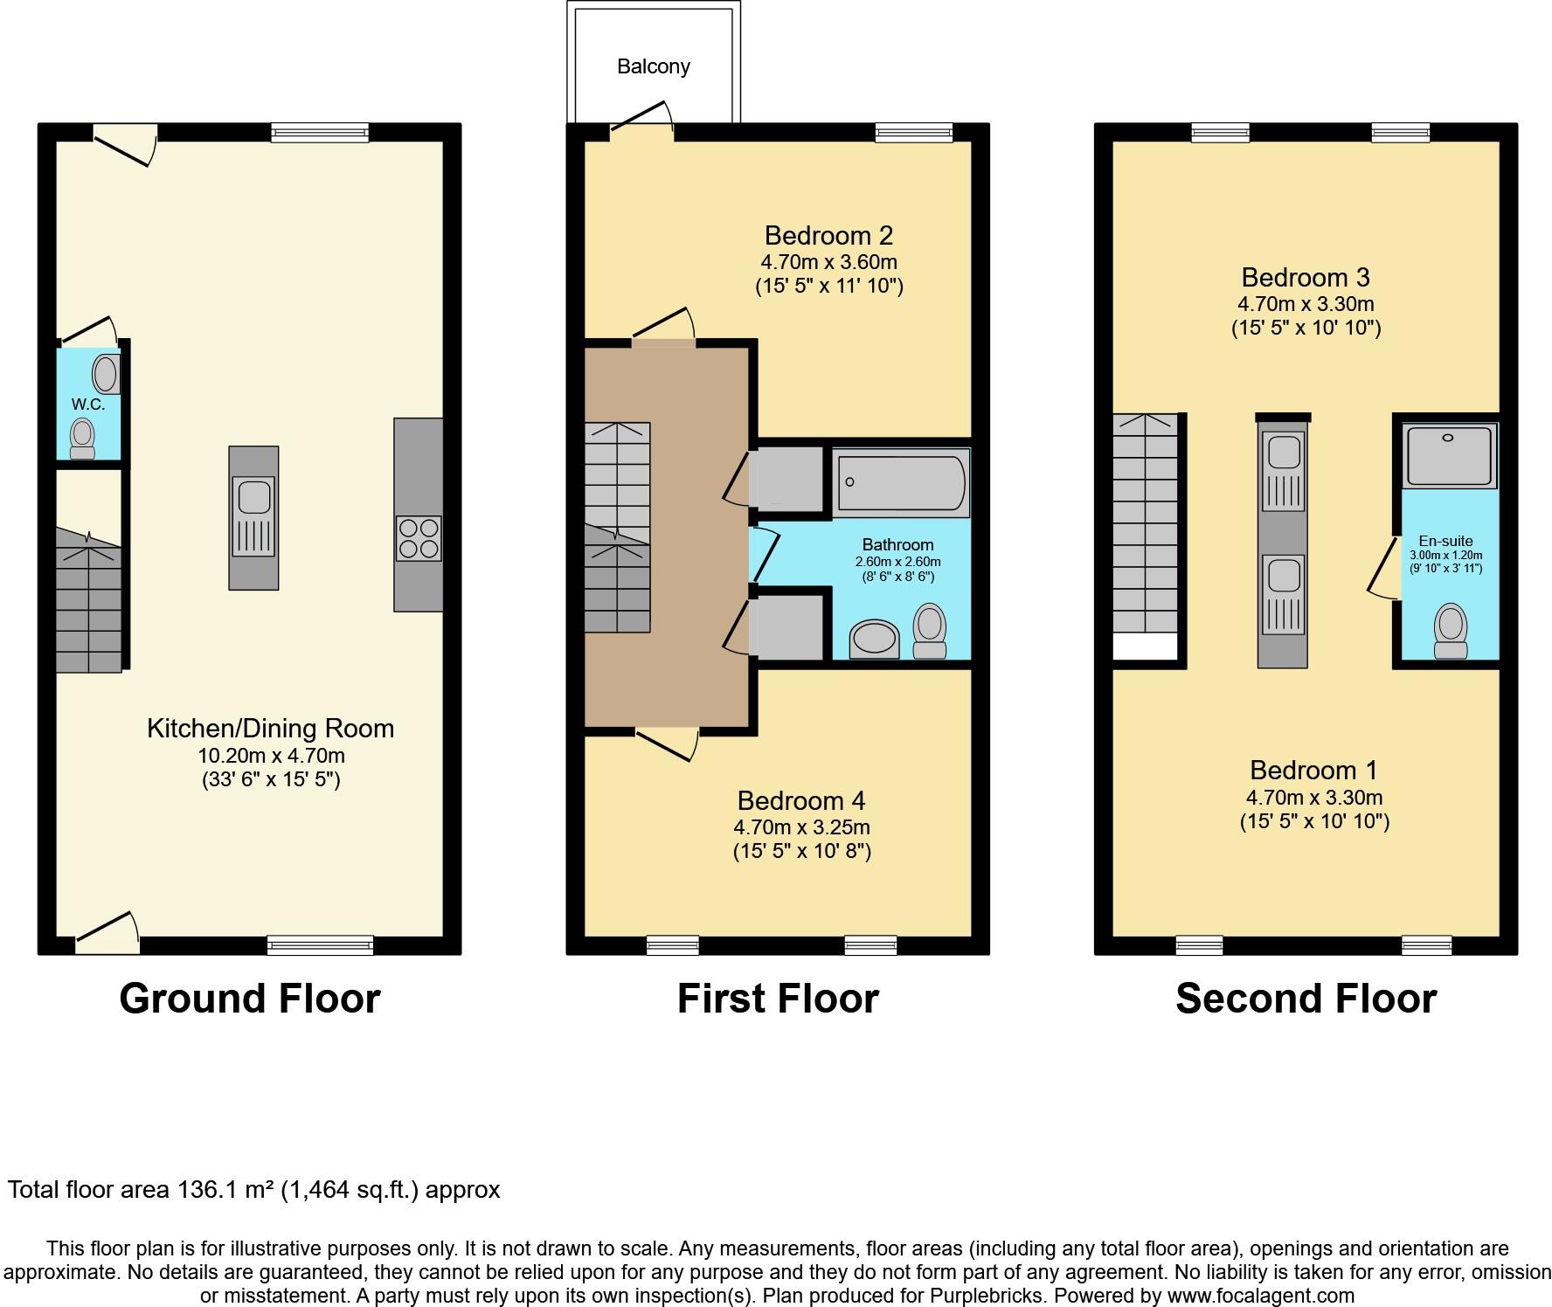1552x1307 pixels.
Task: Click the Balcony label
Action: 653,66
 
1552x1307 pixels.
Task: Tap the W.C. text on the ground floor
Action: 88,405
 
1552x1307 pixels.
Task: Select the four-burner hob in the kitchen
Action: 419,539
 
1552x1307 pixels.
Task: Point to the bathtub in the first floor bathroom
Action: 901,482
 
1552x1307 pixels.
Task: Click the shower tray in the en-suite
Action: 1449,455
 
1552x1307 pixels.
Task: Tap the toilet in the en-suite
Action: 1451,631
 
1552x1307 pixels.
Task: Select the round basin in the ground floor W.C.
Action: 107,374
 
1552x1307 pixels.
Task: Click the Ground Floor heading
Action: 250,999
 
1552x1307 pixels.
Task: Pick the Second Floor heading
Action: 1306,999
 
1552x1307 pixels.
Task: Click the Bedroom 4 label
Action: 800,800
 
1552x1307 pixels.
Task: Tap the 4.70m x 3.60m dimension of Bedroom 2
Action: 828,262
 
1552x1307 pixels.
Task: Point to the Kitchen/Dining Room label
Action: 270,729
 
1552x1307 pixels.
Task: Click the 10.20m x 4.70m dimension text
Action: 271,756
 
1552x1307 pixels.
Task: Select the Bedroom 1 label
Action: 1313,771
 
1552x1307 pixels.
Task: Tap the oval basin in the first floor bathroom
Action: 875,639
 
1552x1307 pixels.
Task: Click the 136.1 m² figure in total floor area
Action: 226,1190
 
